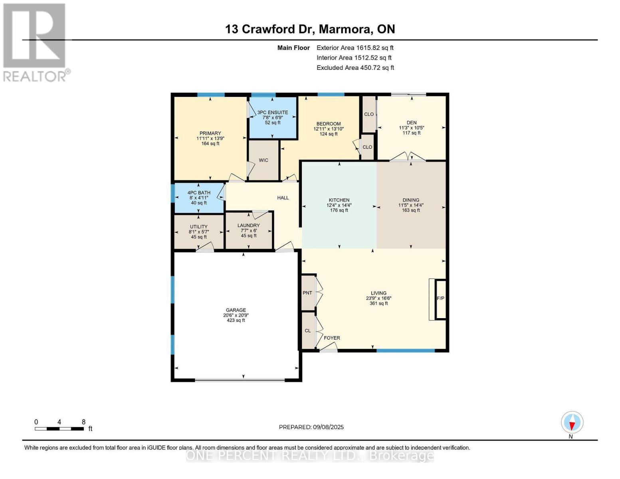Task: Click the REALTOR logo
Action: coord(35,42)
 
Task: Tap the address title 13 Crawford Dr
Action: coord(310,29)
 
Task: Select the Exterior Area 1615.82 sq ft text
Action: coord(355,48)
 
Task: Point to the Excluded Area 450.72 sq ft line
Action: coord(355,68)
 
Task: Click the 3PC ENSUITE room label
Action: coord(273,113)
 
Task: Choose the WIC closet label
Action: coord(263,160)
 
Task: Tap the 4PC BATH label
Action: coord(199,193)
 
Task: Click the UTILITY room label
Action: coord(199,227)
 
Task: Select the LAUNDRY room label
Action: coord(248,226)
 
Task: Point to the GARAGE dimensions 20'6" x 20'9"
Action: coord(236,315)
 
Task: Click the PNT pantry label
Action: coord(307,293)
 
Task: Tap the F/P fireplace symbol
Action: coord(440,299)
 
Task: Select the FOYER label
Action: coord(332,338)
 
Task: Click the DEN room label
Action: coord(412,123)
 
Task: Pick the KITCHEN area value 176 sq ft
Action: coord(339,210)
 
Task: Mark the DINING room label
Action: coord(411,200)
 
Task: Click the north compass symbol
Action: coord(572,422)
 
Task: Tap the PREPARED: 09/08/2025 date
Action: coord(311,427)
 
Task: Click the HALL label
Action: coord(283,198)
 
